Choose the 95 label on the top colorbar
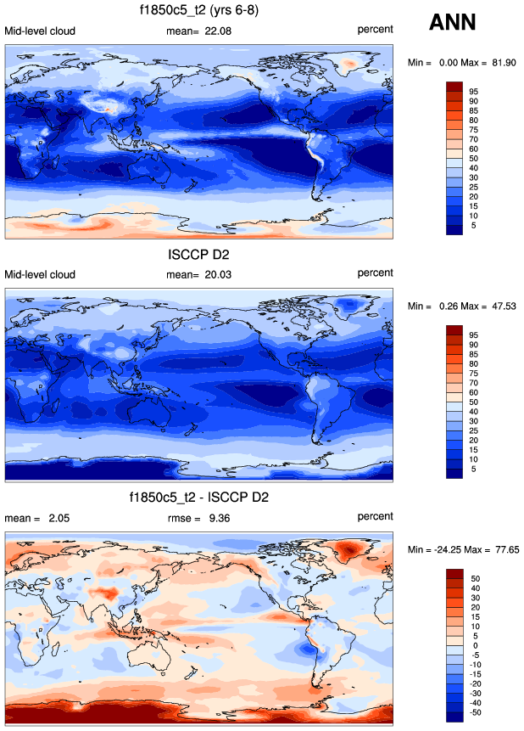[475, 91]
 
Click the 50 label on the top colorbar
[475, 159]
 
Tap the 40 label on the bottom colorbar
[475, 588]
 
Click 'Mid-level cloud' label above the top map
[40, 31]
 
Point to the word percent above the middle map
[375, 273]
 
